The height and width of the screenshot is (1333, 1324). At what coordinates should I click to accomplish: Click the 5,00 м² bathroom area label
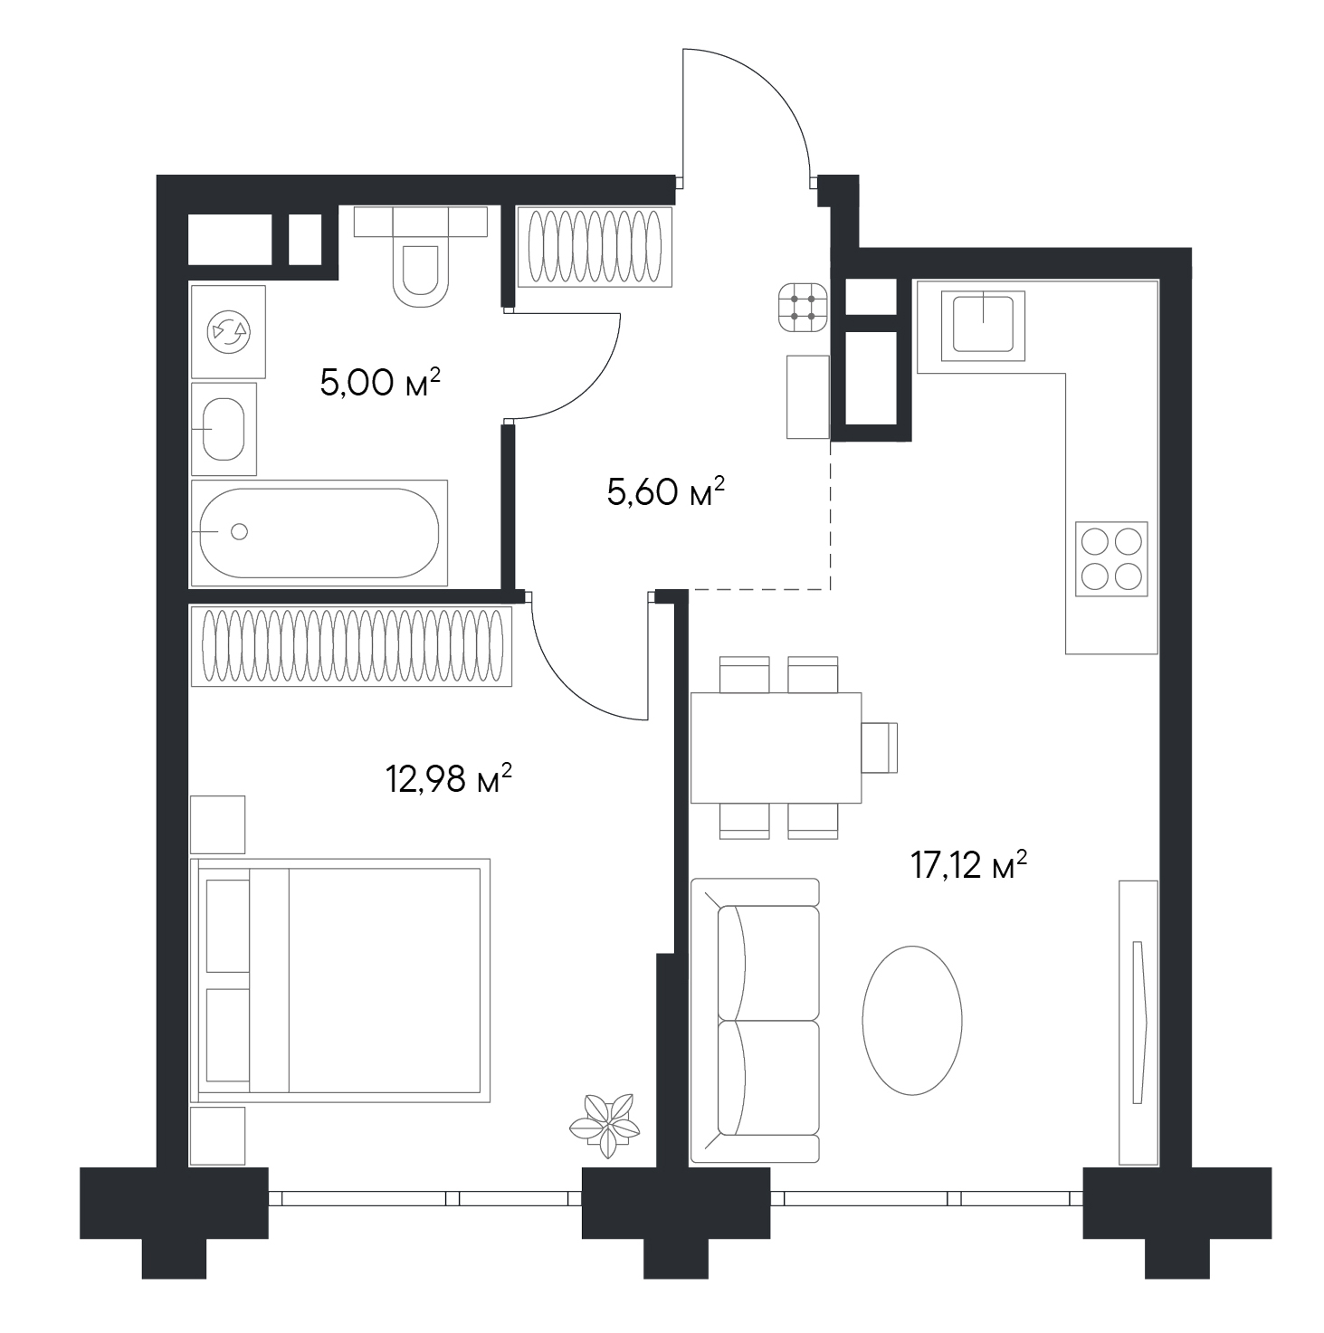[380, 382]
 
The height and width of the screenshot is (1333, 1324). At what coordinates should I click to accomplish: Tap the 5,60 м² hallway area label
[666, 491]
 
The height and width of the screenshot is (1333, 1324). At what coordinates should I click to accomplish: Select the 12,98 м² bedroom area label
[449, 779]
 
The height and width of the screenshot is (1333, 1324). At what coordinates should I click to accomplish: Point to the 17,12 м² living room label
[968, 865]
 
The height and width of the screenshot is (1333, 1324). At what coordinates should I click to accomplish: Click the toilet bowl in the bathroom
[420, 275]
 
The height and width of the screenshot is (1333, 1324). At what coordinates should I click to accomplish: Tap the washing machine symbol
[228, 332]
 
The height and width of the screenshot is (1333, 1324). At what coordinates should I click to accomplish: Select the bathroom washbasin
[224, 429]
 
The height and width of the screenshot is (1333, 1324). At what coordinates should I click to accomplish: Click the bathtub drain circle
[240, 531]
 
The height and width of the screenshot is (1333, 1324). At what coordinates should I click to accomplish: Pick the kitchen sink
[983, 326]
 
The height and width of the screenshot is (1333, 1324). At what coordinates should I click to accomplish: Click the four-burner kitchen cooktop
[1111, 559]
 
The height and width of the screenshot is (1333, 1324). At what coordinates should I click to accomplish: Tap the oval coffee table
[912, 1020]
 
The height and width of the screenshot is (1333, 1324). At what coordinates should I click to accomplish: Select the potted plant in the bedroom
[605, 1126]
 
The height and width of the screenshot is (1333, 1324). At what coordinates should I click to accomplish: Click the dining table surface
[776, 747]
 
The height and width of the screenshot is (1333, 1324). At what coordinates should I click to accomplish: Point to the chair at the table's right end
[880, 747]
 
